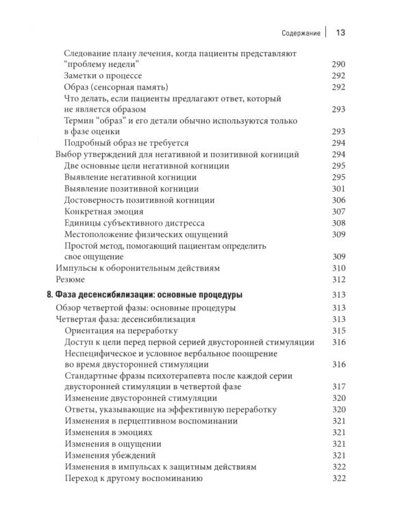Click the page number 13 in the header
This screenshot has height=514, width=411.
pyautogui.click(x=340, y=32)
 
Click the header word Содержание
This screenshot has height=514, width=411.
pyautogui.click(x=300, y=32)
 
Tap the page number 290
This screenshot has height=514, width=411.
pyautogui.click(x=339, y=64)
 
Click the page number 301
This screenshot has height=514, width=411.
pyautogui.click(x=339, y=188)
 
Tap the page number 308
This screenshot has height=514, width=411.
pyautogui.click(x=339, y=223)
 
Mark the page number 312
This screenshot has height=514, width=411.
pyautogui.click(x=339, y=280)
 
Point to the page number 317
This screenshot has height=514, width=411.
pyautogui.click(x=339, y=387)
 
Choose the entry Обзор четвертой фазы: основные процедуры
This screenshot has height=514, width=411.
pyautogui.click(x=145, y=308)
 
